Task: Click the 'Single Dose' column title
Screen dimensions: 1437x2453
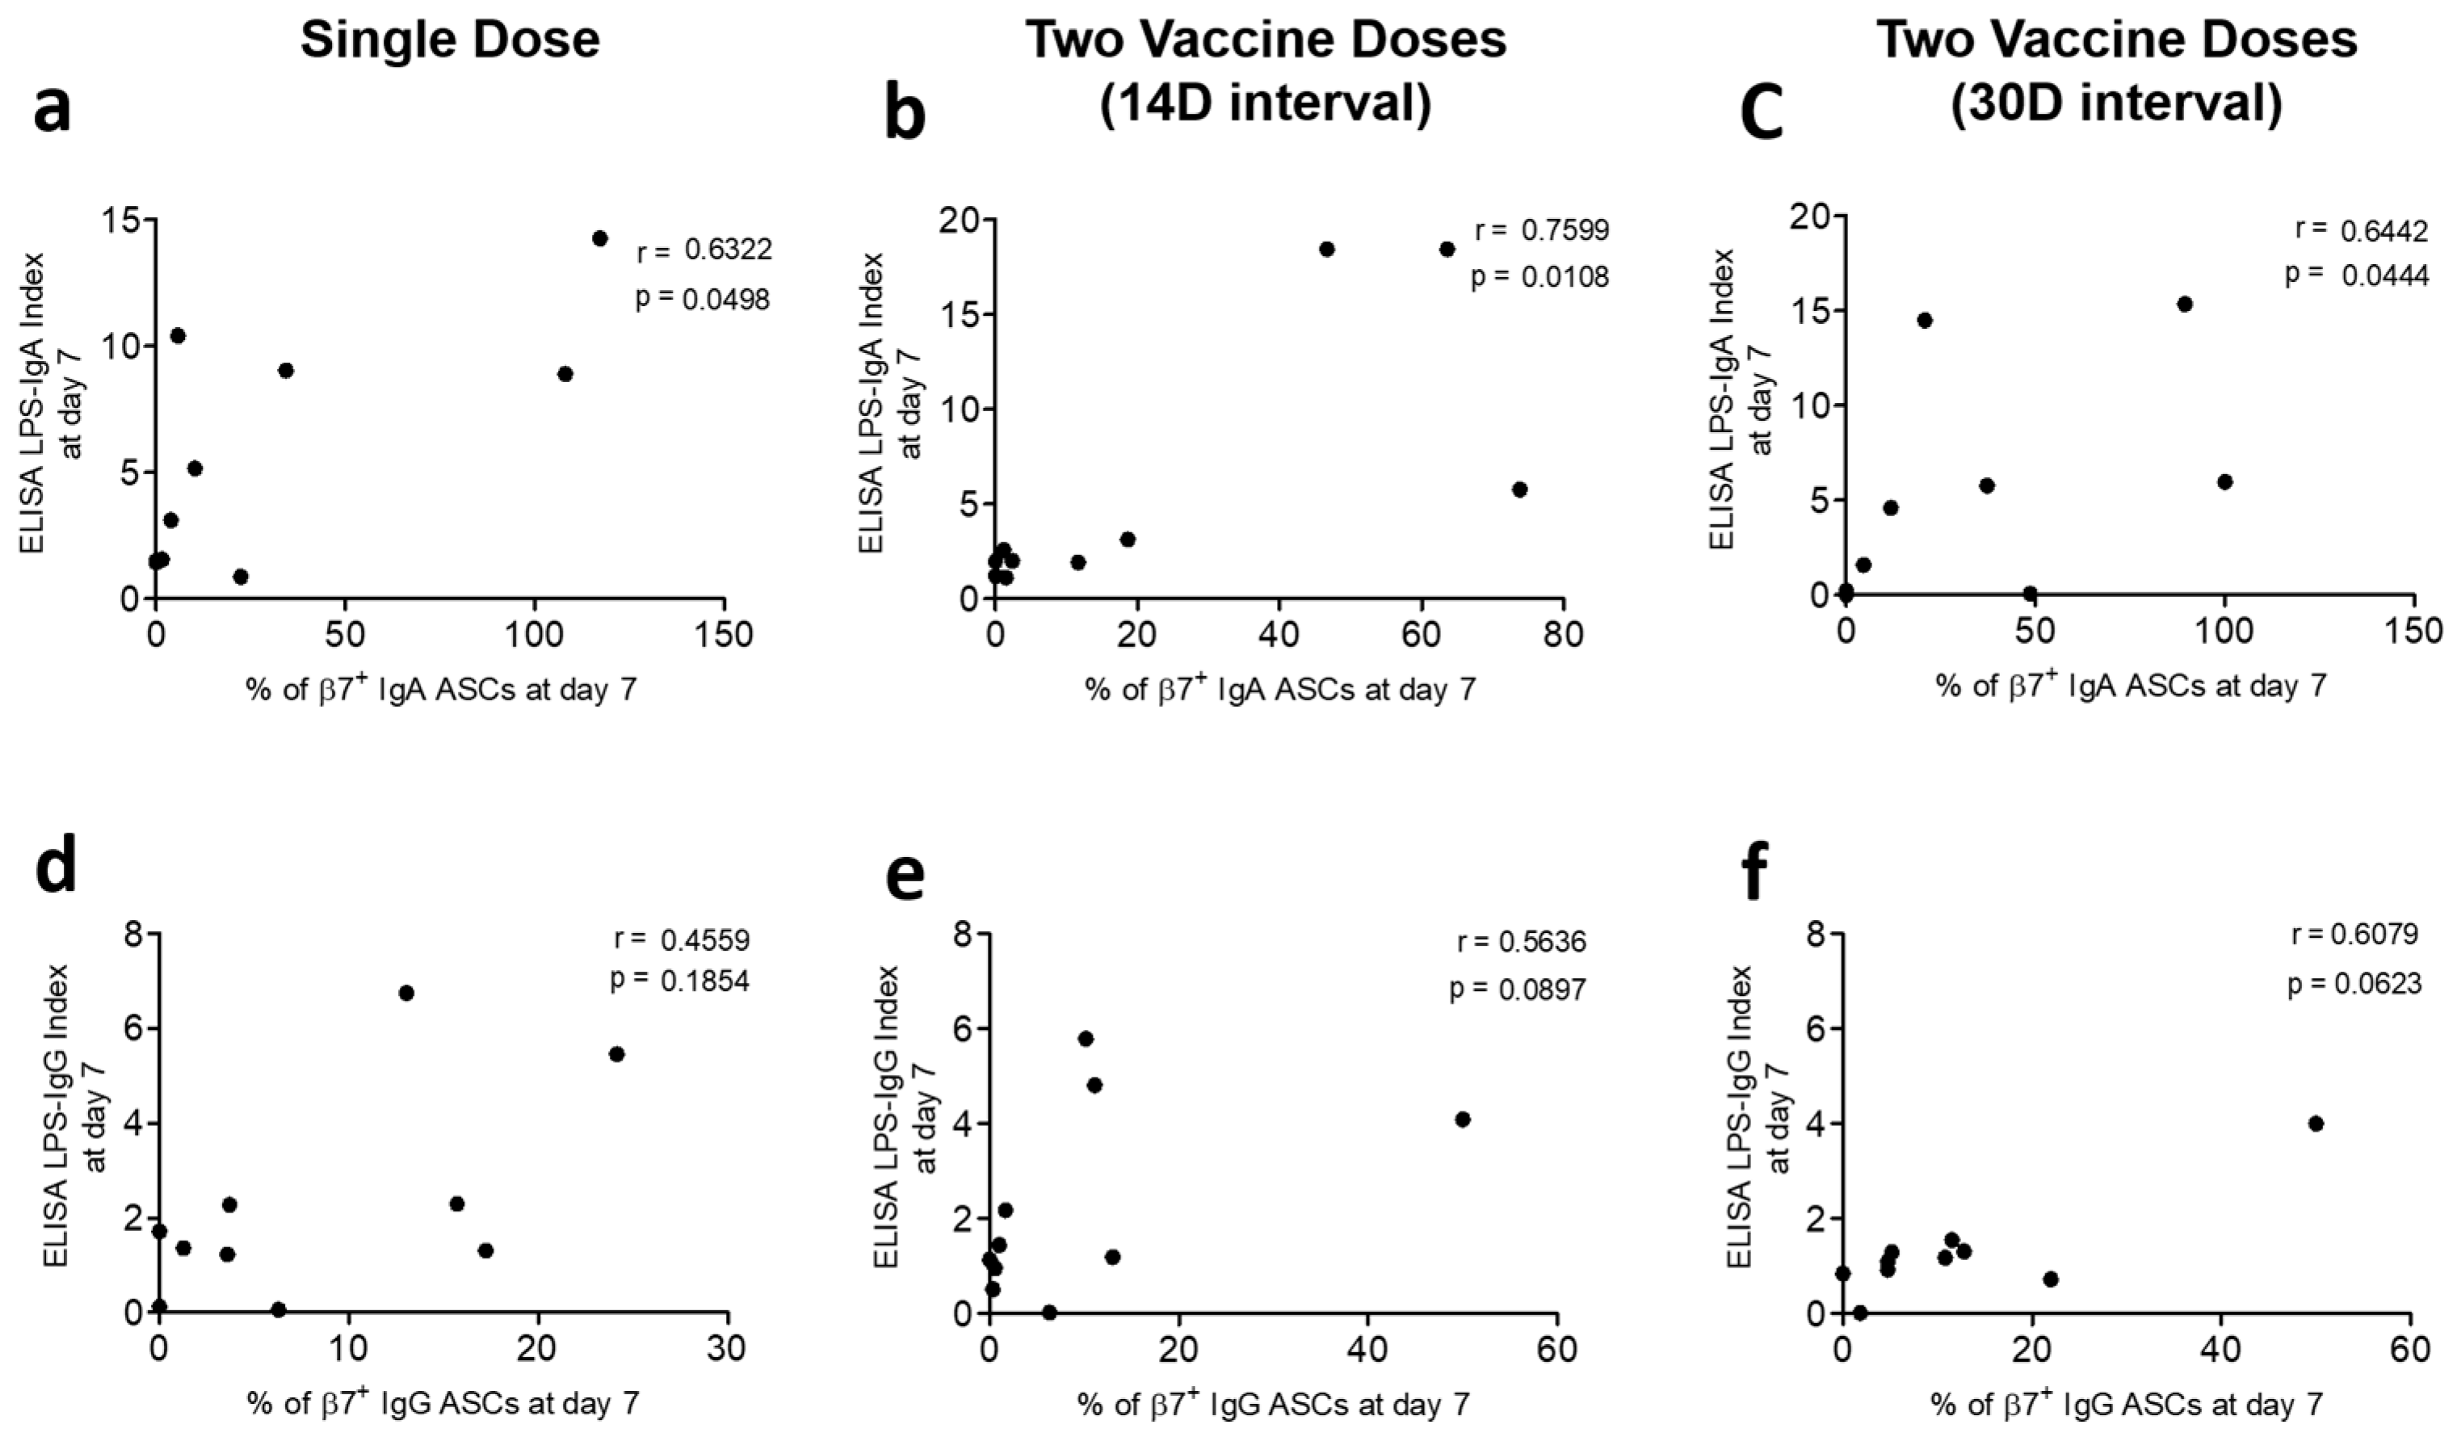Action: click(450, 41)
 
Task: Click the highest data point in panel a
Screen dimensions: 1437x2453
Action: click(599, 238)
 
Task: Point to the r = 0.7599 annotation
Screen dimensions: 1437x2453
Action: click(1542, 231)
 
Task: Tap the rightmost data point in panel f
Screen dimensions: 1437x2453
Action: click(2316, 1124)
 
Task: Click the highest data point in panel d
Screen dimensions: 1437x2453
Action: click(406, 993)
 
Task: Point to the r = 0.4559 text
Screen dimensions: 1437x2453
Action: click(682, 940)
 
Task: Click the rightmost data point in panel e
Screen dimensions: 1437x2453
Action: click(1462, 1120)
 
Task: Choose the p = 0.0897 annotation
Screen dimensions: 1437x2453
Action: click(1518, 990)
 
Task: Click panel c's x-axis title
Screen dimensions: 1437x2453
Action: click(2131, 687)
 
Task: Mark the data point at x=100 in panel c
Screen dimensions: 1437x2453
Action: click(2224, 482)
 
